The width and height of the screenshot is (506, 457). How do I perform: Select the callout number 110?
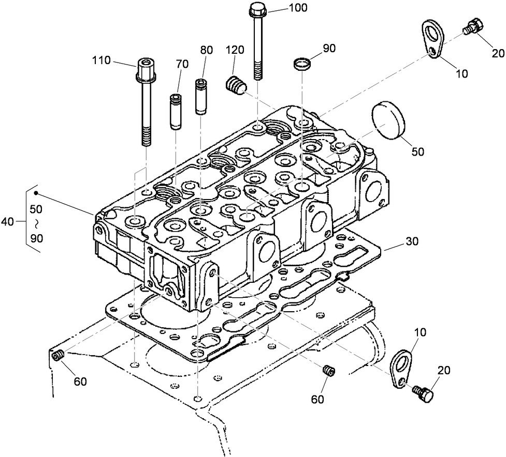click(102, 60)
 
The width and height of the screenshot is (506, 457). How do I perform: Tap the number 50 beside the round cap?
click(417, 151)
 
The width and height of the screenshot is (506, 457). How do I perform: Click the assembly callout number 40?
click(8, 221)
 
